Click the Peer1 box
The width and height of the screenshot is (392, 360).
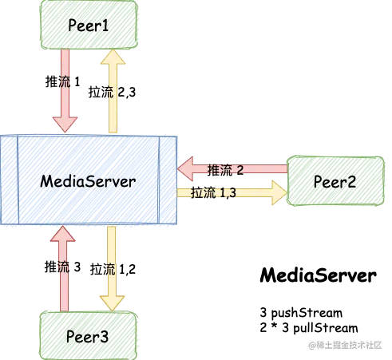coord(89,25)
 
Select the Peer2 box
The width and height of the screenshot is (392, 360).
coord(335,181)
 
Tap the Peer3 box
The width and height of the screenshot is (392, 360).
coord(89,336)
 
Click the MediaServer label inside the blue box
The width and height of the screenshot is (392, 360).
coord(88,181)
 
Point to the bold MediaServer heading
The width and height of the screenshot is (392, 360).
coord(319,275)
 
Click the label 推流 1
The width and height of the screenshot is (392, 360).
coord(63,81)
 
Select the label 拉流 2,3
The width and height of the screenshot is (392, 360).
coord(112,93)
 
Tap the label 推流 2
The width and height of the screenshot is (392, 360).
coord(225,170)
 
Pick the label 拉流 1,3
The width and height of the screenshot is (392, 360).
coord(213,192)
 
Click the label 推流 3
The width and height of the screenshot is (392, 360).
coord(62,267)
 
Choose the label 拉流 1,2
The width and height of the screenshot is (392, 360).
coord(113,269)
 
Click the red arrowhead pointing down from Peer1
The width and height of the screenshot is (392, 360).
coord(65,125)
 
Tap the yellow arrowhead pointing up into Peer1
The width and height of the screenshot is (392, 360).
coord(113,57)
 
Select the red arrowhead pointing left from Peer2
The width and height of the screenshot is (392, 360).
coord(185,168)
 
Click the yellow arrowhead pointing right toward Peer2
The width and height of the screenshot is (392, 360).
coord(279,192)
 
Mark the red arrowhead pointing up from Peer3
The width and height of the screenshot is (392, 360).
coord(63,234)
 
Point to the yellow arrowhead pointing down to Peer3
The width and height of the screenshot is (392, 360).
coord(112,303)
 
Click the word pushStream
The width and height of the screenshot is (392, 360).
coord(307,313)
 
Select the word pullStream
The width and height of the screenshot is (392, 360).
coord(326,328)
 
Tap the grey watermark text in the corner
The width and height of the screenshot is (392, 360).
coord(345,345)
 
